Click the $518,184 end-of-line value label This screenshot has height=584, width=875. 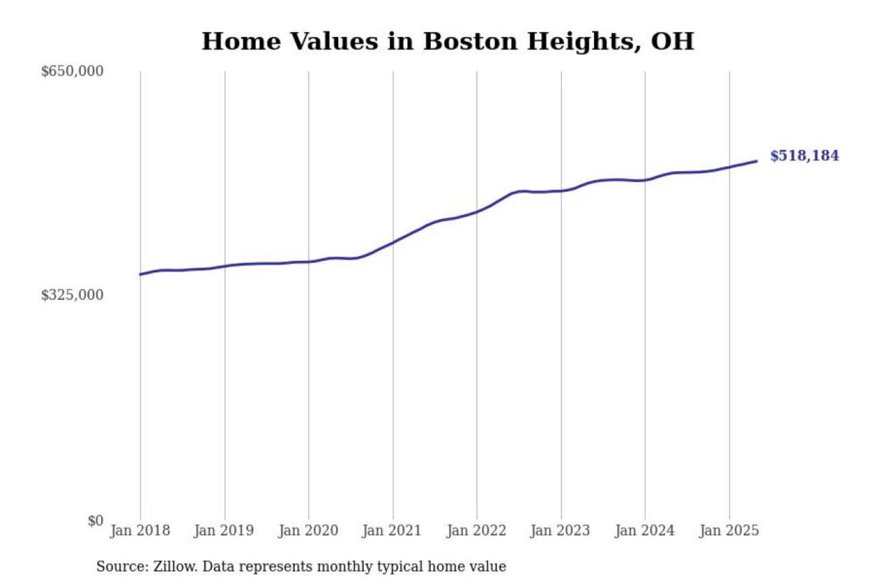[x=804, y=156]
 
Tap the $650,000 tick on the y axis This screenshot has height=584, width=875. [x=72, y=71]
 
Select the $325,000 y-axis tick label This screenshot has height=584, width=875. [x=72, y=295]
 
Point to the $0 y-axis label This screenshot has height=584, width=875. [x=95, y=521]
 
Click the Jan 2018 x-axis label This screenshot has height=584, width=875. [x=140, y=530]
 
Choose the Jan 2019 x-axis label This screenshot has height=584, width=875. [x=224, y=530]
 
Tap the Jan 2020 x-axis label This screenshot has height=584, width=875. [x=308, y=530]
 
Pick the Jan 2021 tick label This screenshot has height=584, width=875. [x=392, y=530]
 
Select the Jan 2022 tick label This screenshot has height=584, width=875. [x=476, y=530]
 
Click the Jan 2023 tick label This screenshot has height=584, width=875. [x=560, y=530]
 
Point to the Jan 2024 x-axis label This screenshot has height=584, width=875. [x=645, y=530]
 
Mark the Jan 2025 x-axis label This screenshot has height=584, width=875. [x=729, y=530]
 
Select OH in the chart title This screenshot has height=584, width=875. [x=672, y=41]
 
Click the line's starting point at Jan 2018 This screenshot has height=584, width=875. [x=140, y=274]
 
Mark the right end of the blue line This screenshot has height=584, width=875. [x=757, y=161]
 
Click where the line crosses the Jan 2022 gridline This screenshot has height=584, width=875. [x=477, y=212]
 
